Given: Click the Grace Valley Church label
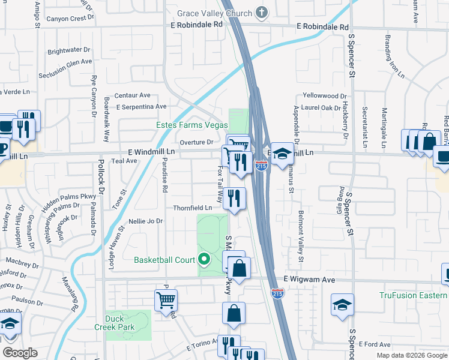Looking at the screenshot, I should [x=215, y=12].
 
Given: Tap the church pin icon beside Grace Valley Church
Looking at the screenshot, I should [x=261, y=11].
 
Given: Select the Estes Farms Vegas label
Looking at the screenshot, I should [x=192, y=125].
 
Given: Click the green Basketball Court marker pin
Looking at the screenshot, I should [x=204, y=260].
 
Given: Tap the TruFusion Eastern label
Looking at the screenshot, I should [x=414, y=295].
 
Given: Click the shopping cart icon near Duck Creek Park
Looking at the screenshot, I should [x=165, y=299].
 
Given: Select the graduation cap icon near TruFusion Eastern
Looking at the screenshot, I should [x=342, y=304].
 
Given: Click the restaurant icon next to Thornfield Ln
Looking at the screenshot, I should [x=234, y=197].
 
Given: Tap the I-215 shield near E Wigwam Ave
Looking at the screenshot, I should [x=277, y=293].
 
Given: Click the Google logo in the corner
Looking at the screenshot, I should [x=20, y=353].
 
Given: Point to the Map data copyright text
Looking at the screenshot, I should [x=411, y=355].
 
